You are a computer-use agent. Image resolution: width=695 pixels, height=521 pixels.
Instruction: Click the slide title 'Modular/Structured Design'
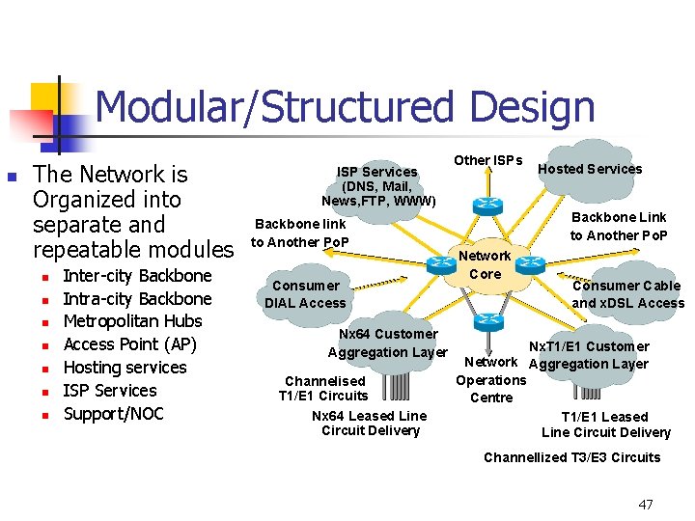pos(345,107)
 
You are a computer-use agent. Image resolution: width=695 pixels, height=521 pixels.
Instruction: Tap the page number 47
pos(646,505)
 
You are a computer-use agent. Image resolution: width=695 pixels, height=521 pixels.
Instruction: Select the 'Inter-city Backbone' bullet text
pos(136,276)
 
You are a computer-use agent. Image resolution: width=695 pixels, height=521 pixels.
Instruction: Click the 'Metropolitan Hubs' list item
pos(132,321)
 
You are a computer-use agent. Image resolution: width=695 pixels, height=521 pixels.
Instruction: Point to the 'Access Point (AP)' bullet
pos(129,344)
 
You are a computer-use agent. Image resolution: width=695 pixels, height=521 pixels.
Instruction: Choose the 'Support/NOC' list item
pos(113,414)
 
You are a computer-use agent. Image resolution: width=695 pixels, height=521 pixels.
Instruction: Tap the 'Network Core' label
pos(485,264)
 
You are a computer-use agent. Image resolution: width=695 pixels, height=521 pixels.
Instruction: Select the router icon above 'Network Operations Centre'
pos(489,323)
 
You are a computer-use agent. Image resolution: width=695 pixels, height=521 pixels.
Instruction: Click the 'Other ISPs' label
pos(487,160)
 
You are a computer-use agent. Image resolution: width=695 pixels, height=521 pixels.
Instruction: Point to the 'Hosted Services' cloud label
pos(589,169)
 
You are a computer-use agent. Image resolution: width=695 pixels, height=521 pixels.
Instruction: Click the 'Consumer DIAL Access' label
pos(305,294)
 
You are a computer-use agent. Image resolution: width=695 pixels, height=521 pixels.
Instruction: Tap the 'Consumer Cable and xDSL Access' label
pos(626,294)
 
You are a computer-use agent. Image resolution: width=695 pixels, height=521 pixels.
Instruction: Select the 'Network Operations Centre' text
pos(491,379)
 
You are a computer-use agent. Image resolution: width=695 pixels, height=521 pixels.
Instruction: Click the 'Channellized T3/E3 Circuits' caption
pos(571,457)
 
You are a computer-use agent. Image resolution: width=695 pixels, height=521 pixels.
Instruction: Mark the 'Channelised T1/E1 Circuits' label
pos(324,388)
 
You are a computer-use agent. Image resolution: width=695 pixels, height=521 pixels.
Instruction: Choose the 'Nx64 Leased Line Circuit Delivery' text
pos(370,423)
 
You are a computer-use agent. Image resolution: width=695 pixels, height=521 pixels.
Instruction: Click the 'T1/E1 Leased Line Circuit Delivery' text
pos(605,425)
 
